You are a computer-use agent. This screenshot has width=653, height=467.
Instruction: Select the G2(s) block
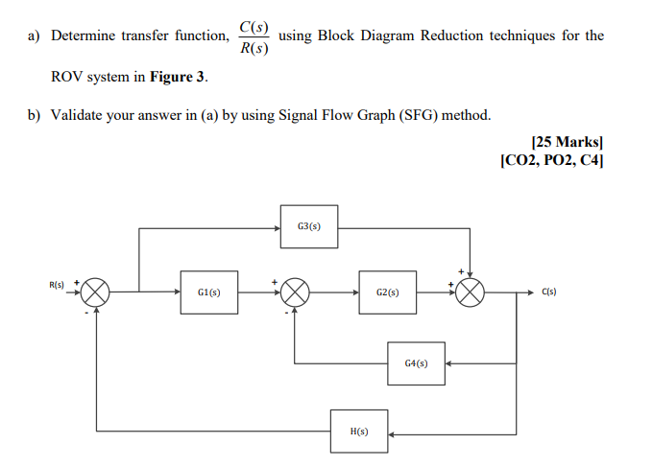(x=388, y=292)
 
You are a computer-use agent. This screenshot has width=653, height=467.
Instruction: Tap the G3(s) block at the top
(x=309, y=226)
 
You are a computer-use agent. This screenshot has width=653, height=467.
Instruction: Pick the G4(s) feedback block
(x=416, y=363)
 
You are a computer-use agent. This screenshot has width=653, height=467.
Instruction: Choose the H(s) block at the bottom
(x=358, y=432)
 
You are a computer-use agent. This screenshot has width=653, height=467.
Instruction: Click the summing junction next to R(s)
(x=96, y=292)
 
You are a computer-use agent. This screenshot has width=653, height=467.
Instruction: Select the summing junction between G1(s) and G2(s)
(x=294, y=292)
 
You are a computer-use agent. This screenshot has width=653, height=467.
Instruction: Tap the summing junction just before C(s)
(x=470, y=292)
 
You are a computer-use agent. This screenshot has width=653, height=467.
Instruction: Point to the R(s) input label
(x=57, y=285)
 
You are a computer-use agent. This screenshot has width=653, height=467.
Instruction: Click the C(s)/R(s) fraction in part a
(x=254, y=36)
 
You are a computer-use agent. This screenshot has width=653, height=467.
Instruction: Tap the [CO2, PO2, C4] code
(x=552, y=158)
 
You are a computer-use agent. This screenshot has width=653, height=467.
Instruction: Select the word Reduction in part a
(x=445, y=35)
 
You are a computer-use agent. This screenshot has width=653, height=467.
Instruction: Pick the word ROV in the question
(x=67, y=76)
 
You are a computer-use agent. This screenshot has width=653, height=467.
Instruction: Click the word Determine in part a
(x=85, y=35)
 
